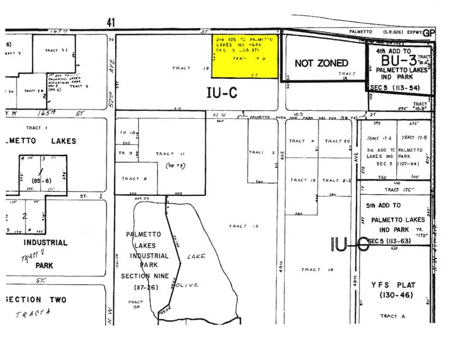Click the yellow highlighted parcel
[x=246, y=56]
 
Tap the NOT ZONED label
[x=321, y=63]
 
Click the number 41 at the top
[x=111, y=22]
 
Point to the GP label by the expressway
[x=428, y=32]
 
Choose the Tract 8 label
[x=134, y=179]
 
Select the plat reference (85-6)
[x=42, y=181]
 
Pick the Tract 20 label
[x=337, y=141]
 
